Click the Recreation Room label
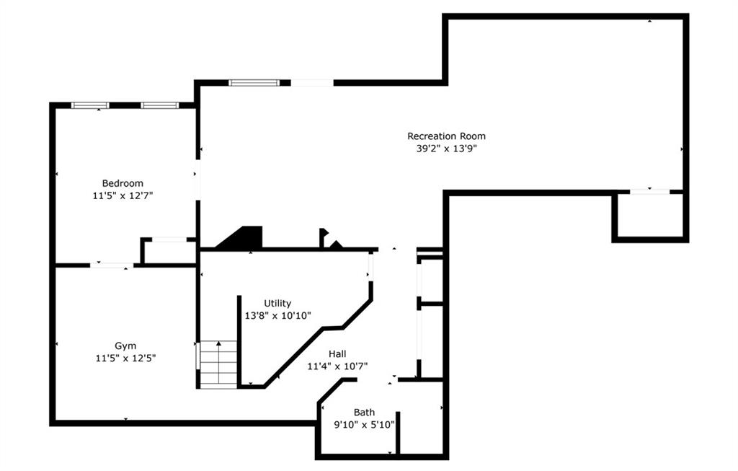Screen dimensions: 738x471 446,136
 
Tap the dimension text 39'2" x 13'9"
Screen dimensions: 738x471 446,149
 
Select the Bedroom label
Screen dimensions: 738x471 123,183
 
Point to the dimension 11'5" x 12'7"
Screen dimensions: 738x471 123,195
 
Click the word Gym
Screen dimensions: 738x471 125,346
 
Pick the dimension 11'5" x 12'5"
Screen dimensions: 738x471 125,358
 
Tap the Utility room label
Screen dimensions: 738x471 277,304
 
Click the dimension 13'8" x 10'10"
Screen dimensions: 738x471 277,316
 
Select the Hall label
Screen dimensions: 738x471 337,353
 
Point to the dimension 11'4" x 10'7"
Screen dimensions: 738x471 337,366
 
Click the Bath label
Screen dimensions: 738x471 364,413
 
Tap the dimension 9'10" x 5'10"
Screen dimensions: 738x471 364,425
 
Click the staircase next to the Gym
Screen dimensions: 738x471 218,365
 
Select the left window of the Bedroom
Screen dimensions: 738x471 90,105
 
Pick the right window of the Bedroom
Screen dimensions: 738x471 159,105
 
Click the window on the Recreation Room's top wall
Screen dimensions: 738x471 254,83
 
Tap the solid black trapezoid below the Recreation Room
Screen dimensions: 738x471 240,237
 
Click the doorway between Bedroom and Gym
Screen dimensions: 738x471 112,265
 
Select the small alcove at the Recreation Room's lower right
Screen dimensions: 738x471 650,216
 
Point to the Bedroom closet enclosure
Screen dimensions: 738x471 168,251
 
